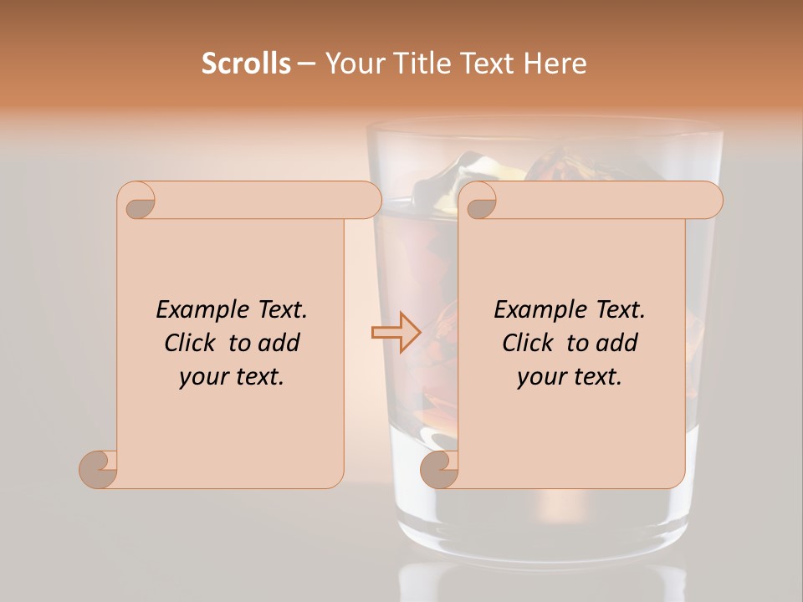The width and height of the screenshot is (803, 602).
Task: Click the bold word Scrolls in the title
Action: (x=246, y=64)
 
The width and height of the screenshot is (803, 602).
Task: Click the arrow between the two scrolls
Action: (x=396, y=332)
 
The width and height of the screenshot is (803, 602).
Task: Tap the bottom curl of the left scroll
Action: (x=99, y=468)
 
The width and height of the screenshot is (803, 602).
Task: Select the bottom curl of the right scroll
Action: (x=440, y=468)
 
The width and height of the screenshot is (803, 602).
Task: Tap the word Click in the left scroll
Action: (x=189, y=343)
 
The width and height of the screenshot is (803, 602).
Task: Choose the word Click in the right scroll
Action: (x=527, y=343)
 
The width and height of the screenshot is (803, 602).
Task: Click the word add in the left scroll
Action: (x=279, y=343)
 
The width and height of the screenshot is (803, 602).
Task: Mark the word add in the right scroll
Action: (x=617, y=343)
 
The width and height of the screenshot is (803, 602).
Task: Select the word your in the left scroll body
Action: (x=202, y=377)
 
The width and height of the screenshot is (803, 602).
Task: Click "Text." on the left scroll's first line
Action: (x=282, y=310)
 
